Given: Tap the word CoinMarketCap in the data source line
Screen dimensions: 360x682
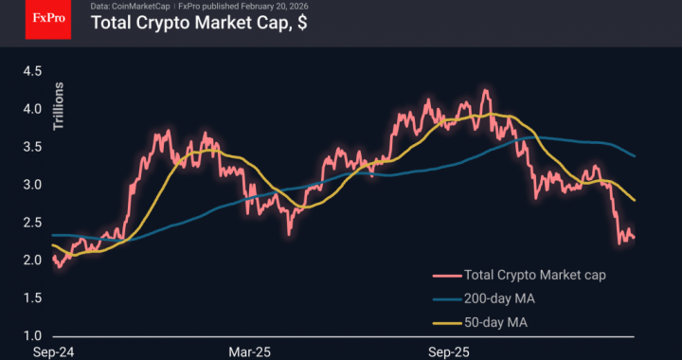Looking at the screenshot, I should click(x=138, y=7).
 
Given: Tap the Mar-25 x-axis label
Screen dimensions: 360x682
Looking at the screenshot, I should click(x=250, y=351).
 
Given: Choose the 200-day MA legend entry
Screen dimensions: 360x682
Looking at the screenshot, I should click(x=501, y=299).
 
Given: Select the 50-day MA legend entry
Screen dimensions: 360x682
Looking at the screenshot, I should click(x=498, y=323).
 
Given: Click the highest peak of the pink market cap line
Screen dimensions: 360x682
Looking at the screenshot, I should click(x=485, y=91).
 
